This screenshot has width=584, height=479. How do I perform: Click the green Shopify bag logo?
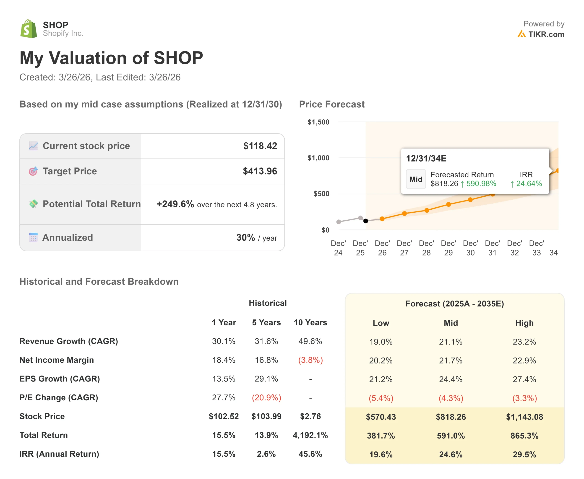point(29,29)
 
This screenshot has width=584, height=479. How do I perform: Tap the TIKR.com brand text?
point(546,34)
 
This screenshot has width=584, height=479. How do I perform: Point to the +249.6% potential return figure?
point(175,204)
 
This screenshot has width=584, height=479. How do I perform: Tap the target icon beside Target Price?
point(33,171)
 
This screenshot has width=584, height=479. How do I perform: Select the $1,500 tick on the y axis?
point(318,122)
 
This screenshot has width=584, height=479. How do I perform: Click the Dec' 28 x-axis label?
point(426,248)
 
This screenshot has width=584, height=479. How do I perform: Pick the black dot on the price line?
point(365,221)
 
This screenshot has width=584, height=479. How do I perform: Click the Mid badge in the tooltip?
point(415,179)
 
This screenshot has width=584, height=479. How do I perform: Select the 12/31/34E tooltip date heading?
point(426,159)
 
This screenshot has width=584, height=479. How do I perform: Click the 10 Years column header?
point(310,322)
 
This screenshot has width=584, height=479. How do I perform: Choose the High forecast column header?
point(524,323)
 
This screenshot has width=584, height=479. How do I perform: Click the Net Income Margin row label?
point(57,360)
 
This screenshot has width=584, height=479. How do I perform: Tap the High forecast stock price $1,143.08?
point(524,417)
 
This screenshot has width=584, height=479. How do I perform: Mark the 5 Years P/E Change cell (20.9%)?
point(266,398)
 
